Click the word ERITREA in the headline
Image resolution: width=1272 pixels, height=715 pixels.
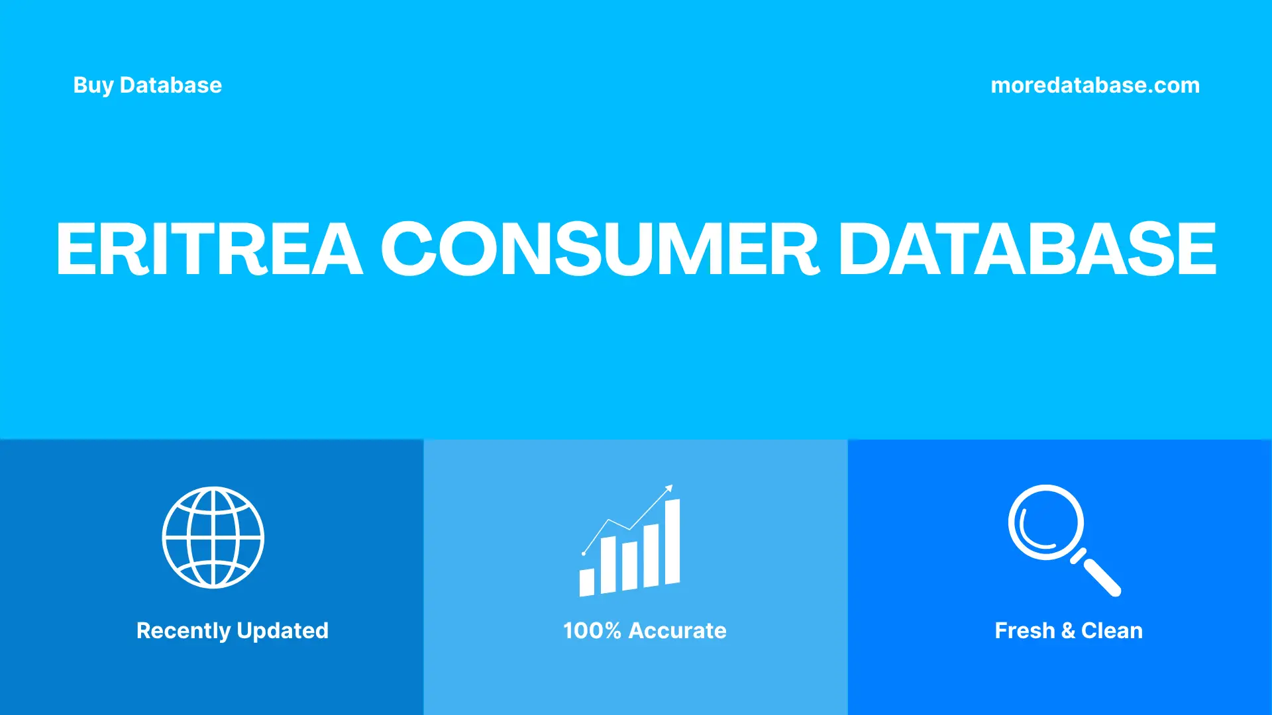pyautogui.click(x=209, y=249)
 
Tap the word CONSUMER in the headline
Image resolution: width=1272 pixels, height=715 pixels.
pyautogui.click(x=600, y=249)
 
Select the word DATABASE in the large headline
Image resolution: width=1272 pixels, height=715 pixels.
pyautogui.click(x=1027, y=249)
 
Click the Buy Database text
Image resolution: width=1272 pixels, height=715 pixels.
pyautogui.click(x=147, y=85)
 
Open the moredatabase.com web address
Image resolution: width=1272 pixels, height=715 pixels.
pyautogui.click(x=1094, y=85)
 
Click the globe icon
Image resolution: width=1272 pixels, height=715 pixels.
pyautogui.click(x=213, y=538)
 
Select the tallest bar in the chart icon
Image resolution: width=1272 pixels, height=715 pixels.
pyautogui.click(x=672, y=542)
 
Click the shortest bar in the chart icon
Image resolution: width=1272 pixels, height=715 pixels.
pyautogui.click(x=586, y=583)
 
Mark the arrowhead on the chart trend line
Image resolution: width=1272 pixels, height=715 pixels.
pyautogui.click(x=669, y=489)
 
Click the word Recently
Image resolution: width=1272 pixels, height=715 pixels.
pyautogui.click(x=184, y=631)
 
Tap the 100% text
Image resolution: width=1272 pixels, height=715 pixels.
pyautogui.click(x=592, y=631)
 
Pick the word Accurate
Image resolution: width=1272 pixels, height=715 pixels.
pyautogui.click(x=677, y=631)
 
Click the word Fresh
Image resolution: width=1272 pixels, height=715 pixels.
pyautogui.click(x=1024, y=631)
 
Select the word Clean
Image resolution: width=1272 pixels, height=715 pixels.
pyautogui.click(x=1112, y=631)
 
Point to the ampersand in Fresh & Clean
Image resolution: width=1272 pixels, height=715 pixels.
pyautogui.click(x=1068, y=631)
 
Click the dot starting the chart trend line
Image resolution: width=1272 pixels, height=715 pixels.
pyautogui.click(x=584, y=553)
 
